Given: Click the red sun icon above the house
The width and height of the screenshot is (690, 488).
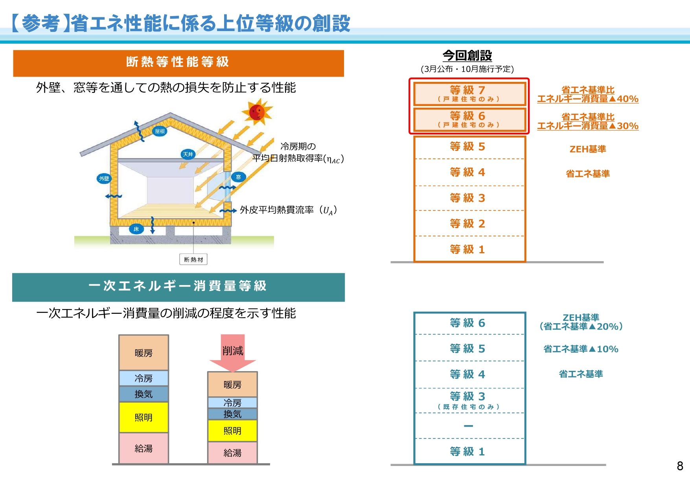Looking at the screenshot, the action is [x=257, y=112].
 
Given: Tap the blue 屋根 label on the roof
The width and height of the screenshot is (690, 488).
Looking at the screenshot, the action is [x=160, y=131].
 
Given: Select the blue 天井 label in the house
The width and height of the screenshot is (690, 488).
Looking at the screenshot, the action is [x=188, y=154].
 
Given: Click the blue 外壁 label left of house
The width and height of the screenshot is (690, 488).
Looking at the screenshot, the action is [x=104, y=179].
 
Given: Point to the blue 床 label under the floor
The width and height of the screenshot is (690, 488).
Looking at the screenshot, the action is [x=136, y=229].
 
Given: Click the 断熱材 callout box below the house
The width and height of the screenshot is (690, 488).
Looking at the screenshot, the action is [x=193, y=260].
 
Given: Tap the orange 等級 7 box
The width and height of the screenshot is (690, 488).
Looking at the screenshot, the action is [x=469, y=94].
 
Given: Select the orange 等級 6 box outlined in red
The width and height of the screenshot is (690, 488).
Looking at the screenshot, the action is [x=469, y=120].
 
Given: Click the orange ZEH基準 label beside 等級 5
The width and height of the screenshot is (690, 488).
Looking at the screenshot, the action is [x=588, y=149].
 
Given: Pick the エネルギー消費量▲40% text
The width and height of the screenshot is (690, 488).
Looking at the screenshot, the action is [x=588, y=99].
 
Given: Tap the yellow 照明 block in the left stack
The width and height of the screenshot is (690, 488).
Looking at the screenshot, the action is [x=144, y=417].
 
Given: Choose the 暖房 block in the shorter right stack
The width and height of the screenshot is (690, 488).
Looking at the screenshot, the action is [x=232, y=384].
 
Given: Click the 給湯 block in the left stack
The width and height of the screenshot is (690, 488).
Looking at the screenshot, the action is [x=144, y=448].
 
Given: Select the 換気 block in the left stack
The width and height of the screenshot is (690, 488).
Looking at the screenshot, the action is [x=144, y=394].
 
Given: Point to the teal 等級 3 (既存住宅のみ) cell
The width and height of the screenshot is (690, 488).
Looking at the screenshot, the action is [x=469, y=400].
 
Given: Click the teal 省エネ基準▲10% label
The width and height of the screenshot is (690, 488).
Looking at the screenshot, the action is [x=581, y=349].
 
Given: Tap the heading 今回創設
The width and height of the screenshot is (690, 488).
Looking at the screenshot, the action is [x=467, y=55].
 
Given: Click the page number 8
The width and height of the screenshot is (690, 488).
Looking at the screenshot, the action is [x=680, y=466].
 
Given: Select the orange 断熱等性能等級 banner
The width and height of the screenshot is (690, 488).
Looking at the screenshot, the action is [x=178, y=63].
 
